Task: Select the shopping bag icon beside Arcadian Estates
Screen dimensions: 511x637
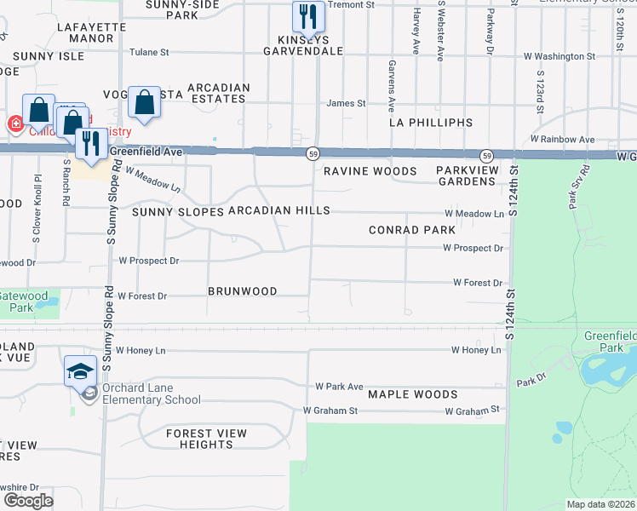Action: click(145, 103)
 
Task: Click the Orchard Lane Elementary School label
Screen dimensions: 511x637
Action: click(152, 394)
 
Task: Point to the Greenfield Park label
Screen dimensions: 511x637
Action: click(610, 342)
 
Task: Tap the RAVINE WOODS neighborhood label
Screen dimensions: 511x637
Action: click(370, 171)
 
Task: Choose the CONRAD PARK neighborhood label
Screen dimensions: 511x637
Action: click(412, 230)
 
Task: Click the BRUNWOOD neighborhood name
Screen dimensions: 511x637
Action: click(242, 291)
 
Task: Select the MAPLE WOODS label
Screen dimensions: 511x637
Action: click(413, 394)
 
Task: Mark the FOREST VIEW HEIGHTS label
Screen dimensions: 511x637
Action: click(206, 439)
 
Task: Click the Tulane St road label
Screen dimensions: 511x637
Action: click(148, 53)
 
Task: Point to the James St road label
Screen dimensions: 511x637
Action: click(347, 104)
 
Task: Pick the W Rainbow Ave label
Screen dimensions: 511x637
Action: click(562, 139)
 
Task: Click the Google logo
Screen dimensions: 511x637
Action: click(28, 501)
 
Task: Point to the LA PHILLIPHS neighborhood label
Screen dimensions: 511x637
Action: click(430, 123)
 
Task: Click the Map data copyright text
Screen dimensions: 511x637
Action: click(600, 504)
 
